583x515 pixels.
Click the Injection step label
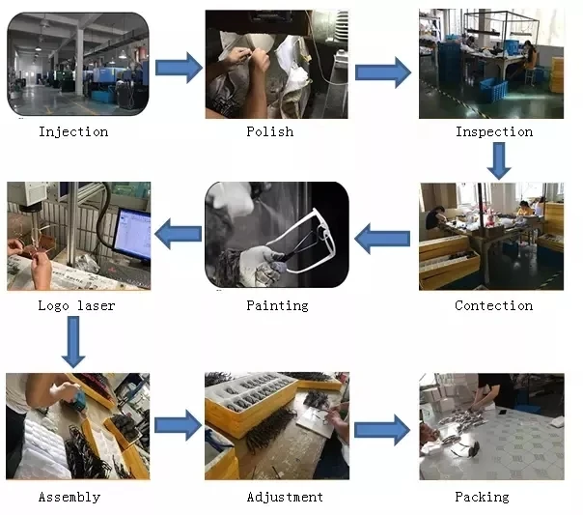click(x=73, y=131)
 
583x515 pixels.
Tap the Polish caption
click(x=269, y=131)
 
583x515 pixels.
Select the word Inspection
click(x=493, y=131)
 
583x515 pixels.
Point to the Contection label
click(x=493, y=305)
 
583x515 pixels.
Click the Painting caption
click(x=277, y=305)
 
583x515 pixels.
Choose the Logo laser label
click(x=76, y=305)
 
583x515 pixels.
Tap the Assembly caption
click(x=69, y=497)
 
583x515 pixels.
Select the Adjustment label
click(x=285, y=497)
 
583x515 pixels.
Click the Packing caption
click(x=482, y=497)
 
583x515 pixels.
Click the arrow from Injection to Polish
click(x=179, y=68)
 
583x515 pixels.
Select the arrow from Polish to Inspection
click(x=382, y=72)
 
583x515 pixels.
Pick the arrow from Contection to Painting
click(x=382, y=236)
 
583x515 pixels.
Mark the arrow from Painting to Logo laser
click(x=179, y=232)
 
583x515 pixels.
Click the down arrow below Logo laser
click(x=74, y=343)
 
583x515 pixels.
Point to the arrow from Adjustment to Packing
click(x=382, y=430)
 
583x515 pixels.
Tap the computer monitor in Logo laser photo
click(x=132, y=234)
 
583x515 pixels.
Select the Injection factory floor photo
click(x=78, y=64)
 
